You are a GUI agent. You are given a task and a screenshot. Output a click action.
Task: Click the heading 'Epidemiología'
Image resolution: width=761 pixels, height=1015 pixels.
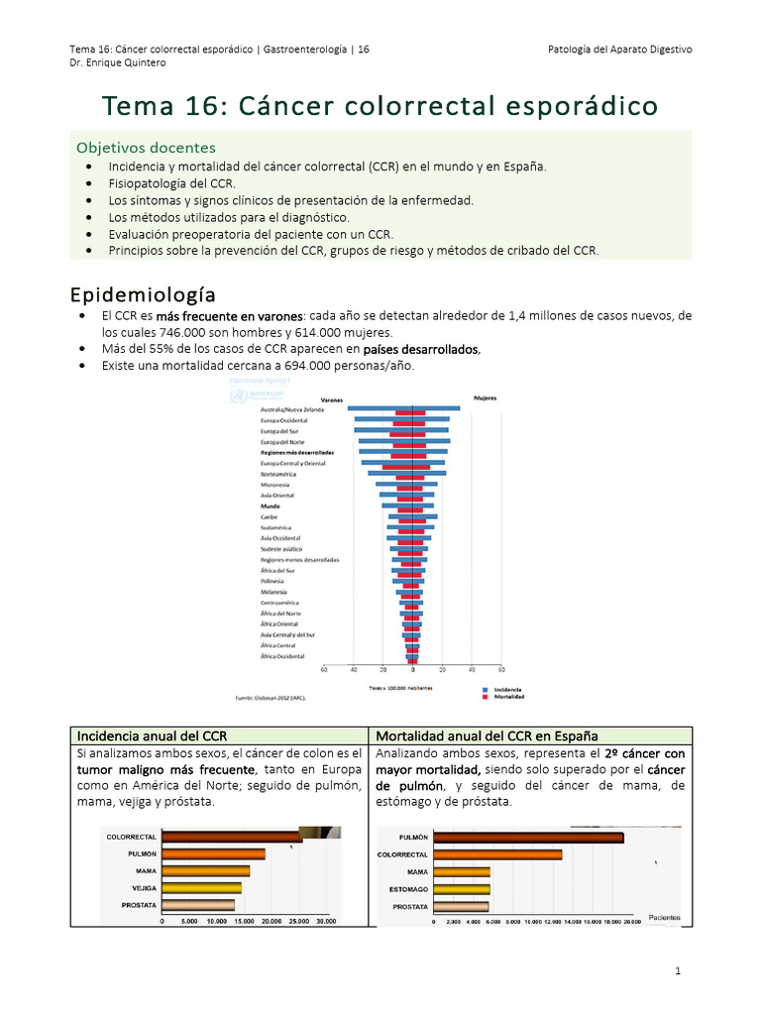(142, 294)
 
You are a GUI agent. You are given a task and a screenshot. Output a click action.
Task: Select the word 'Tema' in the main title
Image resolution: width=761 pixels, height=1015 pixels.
(136, 104)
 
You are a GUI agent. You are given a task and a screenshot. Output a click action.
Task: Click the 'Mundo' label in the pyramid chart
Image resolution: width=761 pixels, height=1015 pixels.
(271, 506)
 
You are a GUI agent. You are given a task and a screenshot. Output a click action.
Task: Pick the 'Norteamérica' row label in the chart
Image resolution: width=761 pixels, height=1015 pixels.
(278, 474)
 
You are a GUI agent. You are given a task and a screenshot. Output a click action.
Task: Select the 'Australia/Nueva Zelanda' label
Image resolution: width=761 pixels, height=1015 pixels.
(292, 409)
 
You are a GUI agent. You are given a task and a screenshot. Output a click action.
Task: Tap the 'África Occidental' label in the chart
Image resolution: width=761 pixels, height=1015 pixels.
(282, 656)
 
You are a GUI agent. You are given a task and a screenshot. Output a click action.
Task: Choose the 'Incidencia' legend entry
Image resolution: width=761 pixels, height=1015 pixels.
(507, 688)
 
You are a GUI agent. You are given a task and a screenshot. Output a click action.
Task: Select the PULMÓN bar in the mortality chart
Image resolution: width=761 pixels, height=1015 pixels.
(528, 838)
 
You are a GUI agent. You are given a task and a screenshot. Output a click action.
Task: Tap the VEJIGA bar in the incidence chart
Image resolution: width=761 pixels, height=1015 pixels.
(202, 888)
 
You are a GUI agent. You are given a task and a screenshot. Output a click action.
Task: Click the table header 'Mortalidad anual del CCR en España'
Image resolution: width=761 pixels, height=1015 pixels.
(487, 735)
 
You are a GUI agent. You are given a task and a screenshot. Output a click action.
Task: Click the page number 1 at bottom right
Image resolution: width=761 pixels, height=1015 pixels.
(678, 971)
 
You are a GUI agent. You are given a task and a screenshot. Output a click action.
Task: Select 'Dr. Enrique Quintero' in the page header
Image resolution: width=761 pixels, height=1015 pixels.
(118, 62)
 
